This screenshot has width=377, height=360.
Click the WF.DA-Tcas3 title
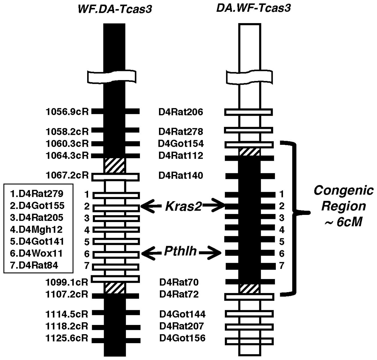115,9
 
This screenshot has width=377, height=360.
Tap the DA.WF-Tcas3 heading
253,8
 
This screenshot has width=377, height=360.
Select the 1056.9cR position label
67,112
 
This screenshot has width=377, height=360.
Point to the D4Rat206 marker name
181,112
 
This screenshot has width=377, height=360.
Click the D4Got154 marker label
181,143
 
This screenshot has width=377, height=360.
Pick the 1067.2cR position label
67,175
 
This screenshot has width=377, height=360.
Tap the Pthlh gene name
181,251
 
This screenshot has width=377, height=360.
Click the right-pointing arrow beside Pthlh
211,253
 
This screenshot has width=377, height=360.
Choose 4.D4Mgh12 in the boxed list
36,229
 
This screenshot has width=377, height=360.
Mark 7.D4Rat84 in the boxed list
34,265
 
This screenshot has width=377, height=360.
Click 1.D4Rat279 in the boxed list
36,194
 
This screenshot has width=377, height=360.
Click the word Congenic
343,190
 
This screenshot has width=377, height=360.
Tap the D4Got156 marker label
182,338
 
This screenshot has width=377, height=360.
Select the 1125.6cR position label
67,338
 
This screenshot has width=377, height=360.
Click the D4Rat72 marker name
179,294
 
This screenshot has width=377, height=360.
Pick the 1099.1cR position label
67,282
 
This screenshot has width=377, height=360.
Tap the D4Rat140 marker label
181,175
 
